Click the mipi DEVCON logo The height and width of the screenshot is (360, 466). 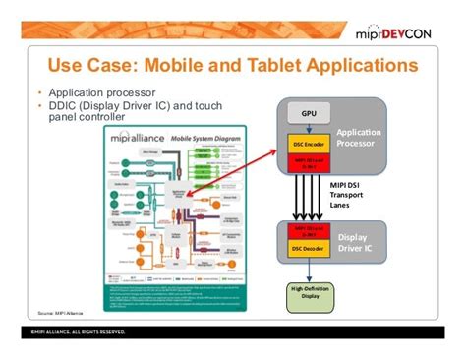(x=403, y=36)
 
